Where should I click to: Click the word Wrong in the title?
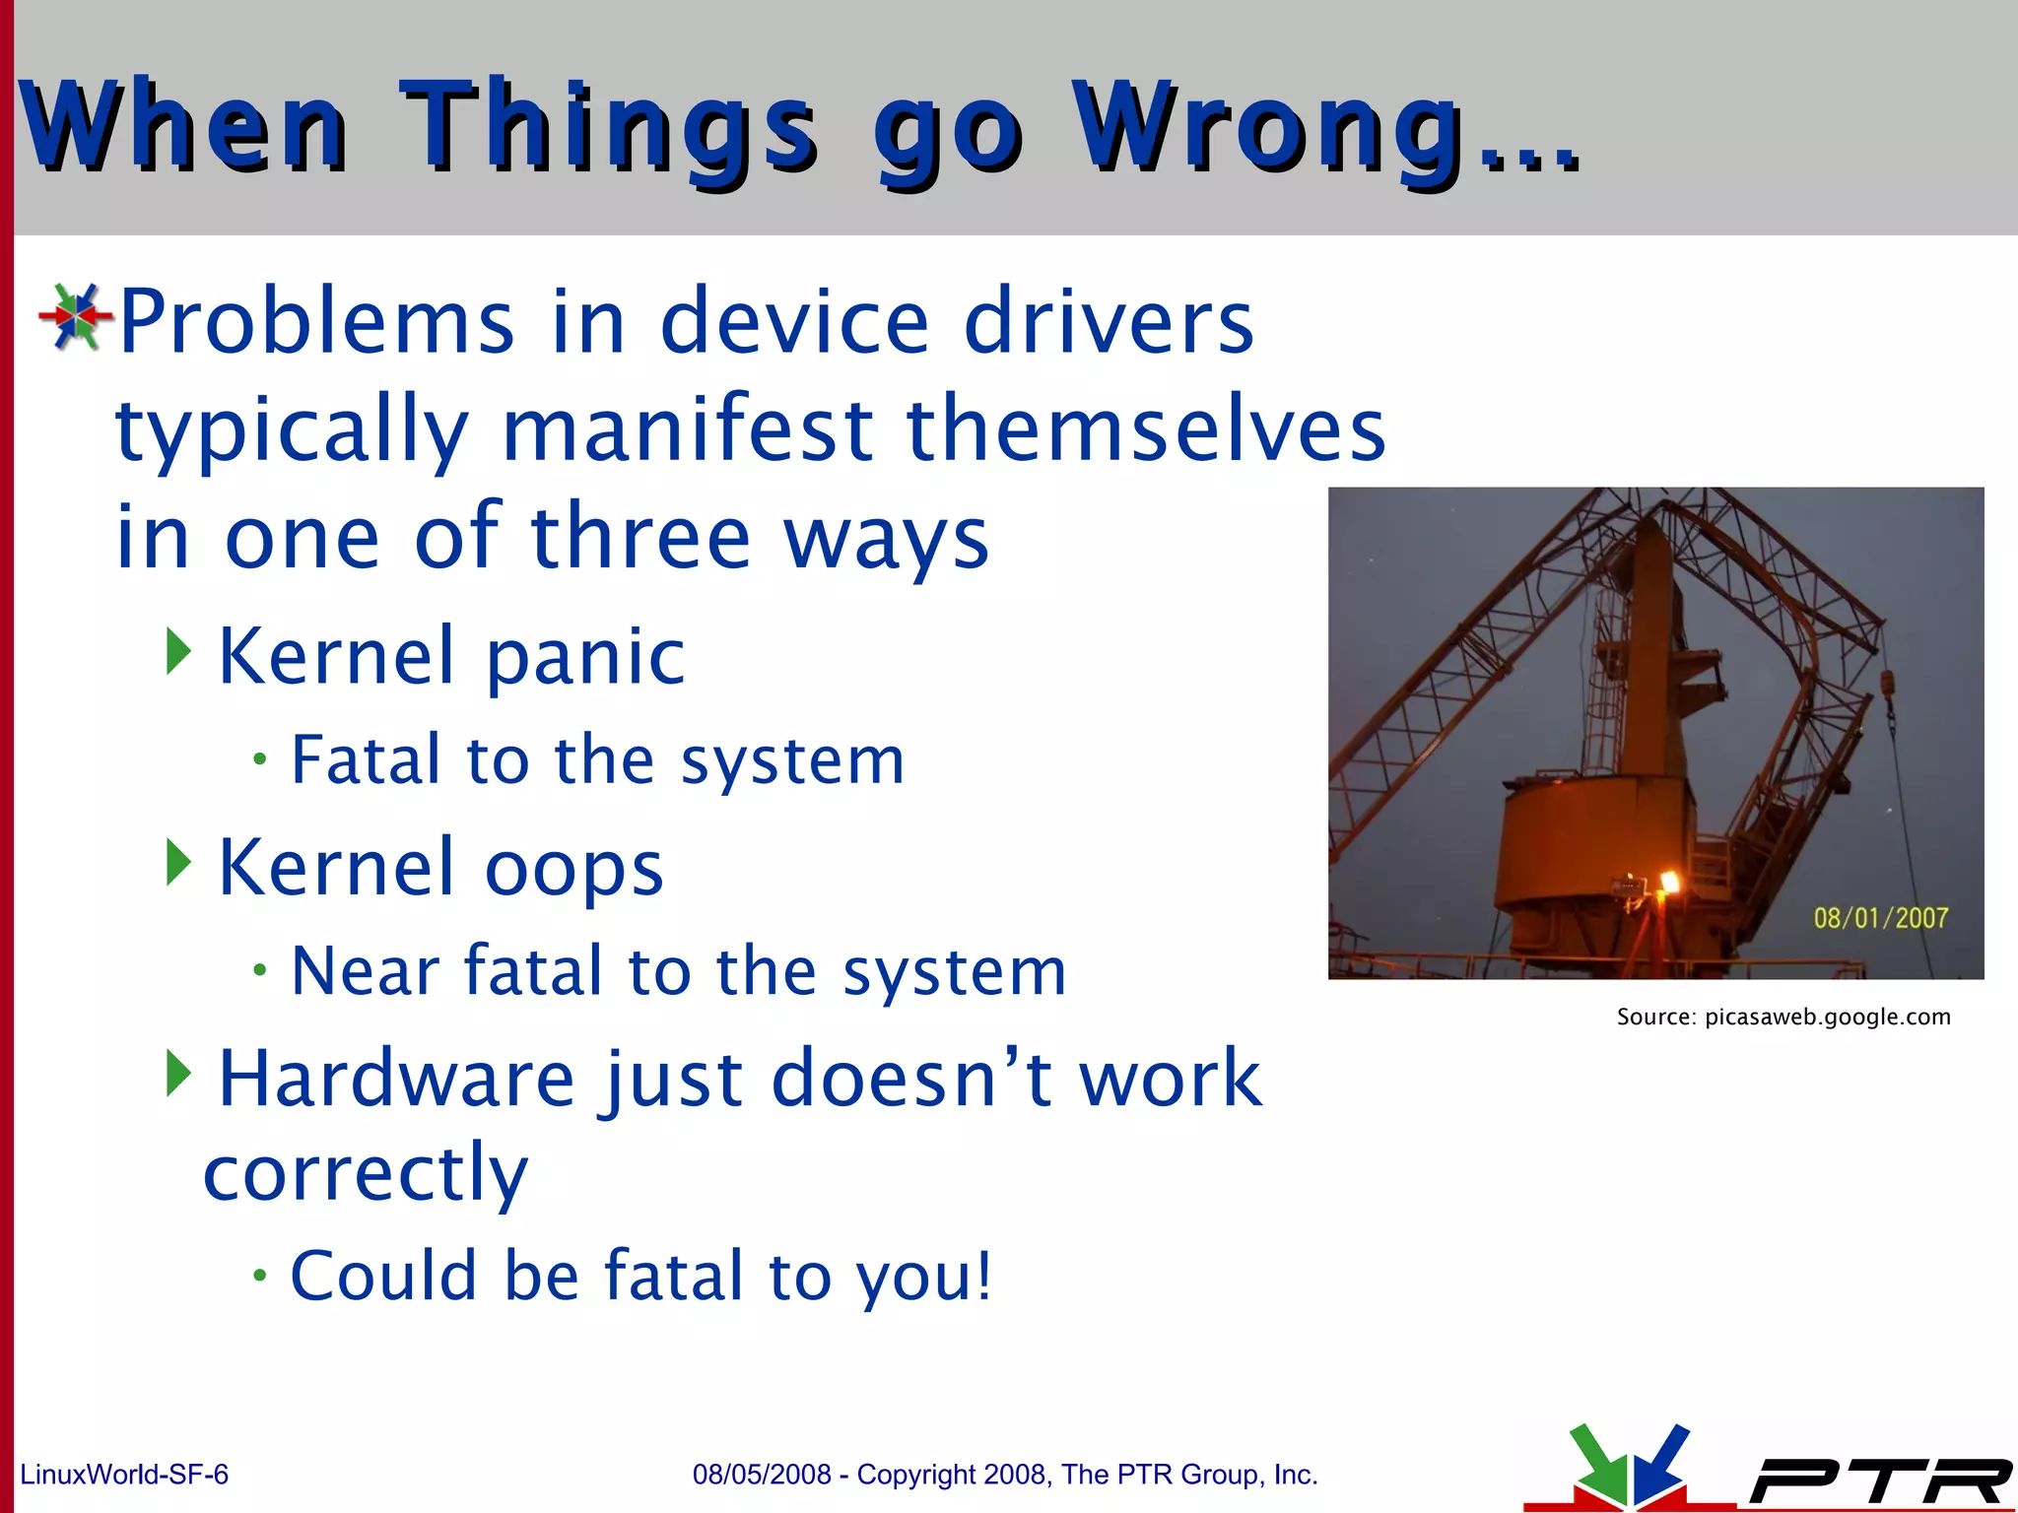[x=1266, y=128]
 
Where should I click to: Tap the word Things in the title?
[x=608, y=128]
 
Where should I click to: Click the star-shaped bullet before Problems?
[x=75, y=317]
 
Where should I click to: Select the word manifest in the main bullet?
[x=687, y=429]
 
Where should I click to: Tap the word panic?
[x=585, y=658]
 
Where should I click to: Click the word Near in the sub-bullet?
[x=364, y=971]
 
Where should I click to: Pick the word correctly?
[x=366, y=1174]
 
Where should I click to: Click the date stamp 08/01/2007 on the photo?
[x=1880, y=918]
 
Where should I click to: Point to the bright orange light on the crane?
[x=1668, y=882]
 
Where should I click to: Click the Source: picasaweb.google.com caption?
[x=1783, y=1017]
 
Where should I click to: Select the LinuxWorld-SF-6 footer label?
[x=124, y=1475]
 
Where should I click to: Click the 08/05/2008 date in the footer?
[x=762, y=1475]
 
